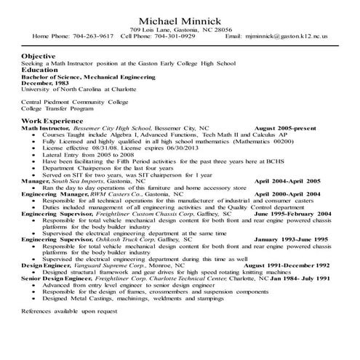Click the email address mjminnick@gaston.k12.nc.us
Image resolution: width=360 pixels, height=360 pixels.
point(287,35)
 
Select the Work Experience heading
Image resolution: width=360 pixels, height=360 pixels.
point(52,119)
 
